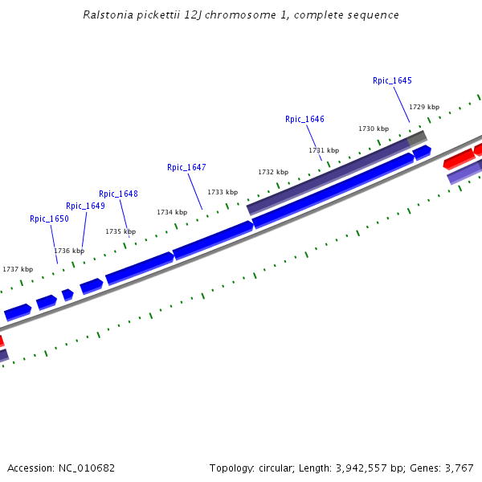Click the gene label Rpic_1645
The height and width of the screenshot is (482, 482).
point(392,80)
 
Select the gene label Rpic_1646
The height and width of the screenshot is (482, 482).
point(304,119)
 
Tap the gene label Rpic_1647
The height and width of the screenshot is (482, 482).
point(186,167)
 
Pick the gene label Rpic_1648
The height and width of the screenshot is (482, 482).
point(118,194)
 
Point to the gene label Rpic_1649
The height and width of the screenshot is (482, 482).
point(85,206)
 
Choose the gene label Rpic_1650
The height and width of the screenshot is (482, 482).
point(49,219)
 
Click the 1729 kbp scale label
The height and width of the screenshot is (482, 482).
point(424,107)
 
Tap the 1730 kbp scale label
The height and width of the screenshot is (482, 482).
point(374,129)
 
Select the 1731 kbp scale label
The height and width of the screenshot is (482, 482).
point(324,150)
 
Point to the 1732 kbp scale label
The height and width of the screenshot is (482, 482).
point(273,172)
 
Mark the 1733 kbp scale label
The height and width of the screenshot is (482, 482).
point(223,192)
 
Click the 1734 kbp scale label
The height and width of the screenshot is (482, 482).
point(172,212)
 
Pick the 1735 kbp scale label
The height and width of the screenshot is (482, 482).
point(120,231)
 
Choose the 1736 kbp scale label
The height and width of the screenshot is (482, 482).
point(68,251)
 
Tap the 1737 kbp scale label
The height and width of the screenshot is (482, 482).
point(18,269)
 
